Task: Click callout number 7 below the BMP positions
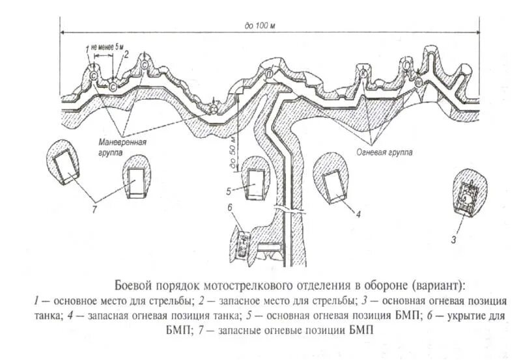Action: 94,208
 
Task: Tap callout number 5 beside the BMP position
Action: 230,191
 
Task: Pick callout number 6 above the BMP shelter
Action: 230,208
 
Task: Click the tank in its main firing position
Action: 468,194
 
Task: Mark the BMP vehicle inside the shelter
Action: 242,242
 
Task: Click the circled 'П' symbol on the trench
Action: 269,75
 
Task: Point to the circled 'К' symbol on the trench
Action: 363,76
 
